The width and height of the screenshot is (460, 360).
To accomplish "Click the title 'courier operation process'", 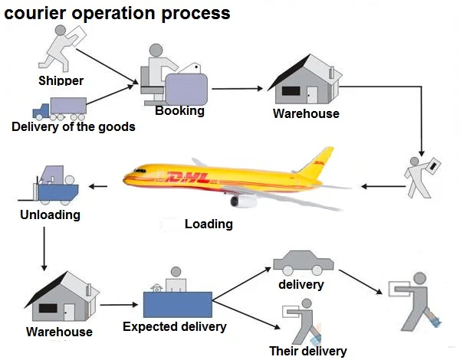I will pyautogui.click(x=117, y=13).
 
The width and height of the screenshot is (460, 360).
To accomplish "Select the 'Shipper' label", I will pyautogui.click(x=61, y=80).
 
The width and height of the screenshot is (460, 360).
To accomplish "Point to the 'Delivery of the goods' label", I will pyautogui.click(x=74, y=127).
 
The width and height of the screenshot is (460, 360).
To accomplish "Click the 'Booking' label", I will pyautogui.click(x=179, y=110).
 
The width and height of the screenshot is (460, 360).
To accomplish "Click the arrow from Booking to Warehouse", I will pyautogui.click(x=238, y=88).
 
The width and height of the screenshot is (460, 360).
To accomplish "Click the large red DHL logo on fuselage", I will pyautogui.click(x=187, y=178).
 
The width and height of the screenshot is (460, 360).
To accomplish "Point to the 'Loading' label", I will pyautogui.click(x=209, y=224).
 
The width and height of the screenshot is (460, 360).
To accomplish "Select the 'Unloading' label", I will pyautogui.click(x=50, y=214).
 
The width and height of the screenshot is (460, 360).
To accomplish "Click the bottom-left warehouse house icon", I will pyautogui.click(x=58, y=298).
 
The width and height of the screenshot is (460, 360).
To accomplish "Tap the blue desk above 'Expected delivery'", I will pyautogui.click(x=177, y=305).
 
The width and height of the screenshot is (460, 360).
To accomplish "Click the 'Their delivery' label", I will pyautogui.click(x=307, y=352).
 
